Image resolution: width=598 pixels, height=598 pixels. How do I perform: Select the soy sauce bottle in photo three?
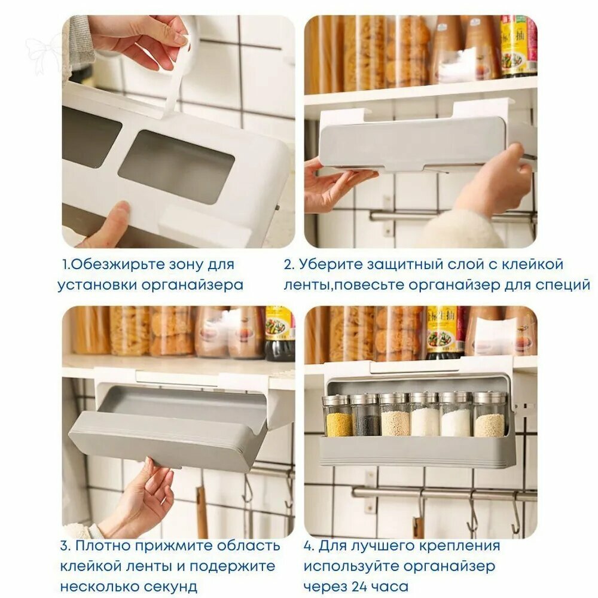click(x=280, y=334)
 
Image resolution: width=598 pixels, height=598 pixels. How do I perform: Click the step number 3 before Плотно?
click(x=65, y=546)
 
